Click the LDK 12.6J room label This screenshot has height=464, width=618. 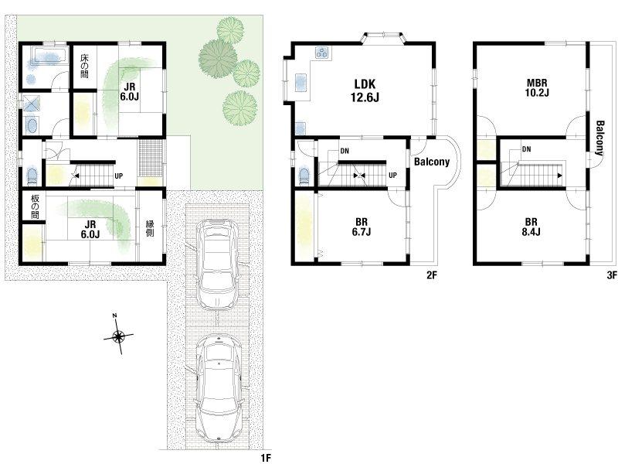pyautogui.click(x=365, y=90)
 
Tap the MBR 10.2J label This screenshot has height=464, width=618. pyautogui.click(x=538, y=87)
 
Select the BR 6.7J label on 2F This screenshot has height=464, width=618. pyautogui.click(x=361, y=227)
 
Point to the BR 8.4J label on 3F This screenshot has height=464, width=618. pyautogui.click(x=531, y=227)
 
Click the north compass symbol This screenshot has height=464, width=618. pyautogui.click(x=118, y=336)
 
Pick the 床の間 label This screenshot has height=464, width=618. pyautogui.click(x=84, y=65)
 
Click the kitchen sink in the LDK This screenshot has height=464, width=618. pyautogui.click(x=301, y=83)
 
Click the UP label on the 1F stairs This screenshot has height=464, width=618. pyautogui.click(x=118, y=176)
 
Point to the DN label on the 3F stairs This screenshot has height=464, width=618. pyautogui.click(x=526, y=149)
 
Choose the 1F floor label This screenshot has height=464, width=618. pyautogui.click(x=266, y=458)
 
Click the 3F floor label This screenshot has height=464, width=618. pyautogui.click(x=611, y=276)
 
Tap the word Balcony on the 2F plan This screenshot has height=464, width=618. pyautogui.click(x=432, y=162)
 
